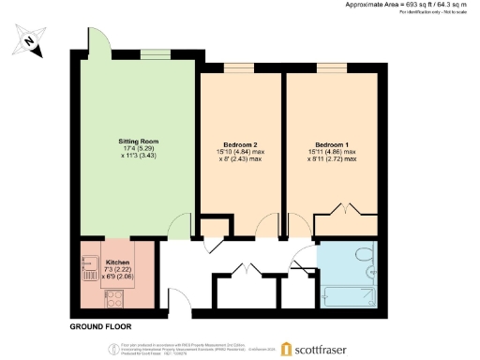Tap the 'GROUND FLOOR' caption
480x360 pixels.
tap(100, 327)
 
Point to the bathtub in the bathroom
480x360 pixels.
tap(350, 293)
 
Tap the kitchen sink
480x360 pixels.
tap(91, 269)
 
